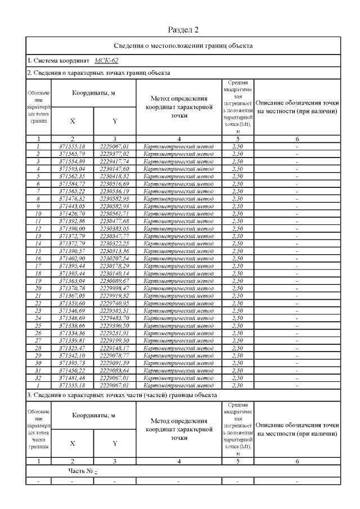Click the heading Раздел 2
(183, 29)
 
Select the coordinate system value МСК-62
(106, 60)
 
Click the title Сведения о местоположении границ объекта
(183, 46)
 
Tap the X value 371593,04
(72, 168)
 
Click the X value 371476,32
(72, 199)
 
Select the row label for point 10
(38, 214)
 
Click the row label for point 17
(38, 265)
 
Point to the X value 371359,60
(72, 303)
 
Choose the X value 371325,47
(72, 348)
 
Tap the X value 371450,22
(72, 371)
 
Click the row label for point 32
(38, 379)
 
